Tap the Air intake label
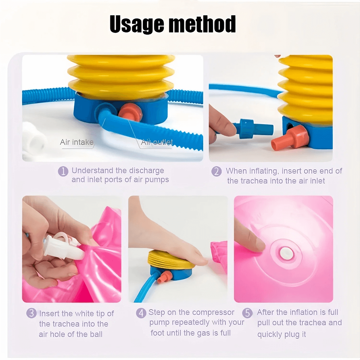(x=77, y=142)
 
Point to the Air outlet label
(x=157, y=142)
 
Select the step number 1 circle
(x=63, y=171)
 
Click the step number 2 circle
(x=216, y=171)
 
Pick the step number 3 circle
(x=31, y=313)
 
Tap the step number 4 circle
(x=141, y=313)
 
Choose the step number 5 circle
(x=248, y=313)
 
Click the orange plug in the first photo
(x=129, y=111)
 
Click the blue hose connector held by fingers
(x=253, y=129)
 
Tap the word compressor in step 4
(x=213, y=312)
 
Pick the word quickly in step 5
(x=269, y=334)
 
